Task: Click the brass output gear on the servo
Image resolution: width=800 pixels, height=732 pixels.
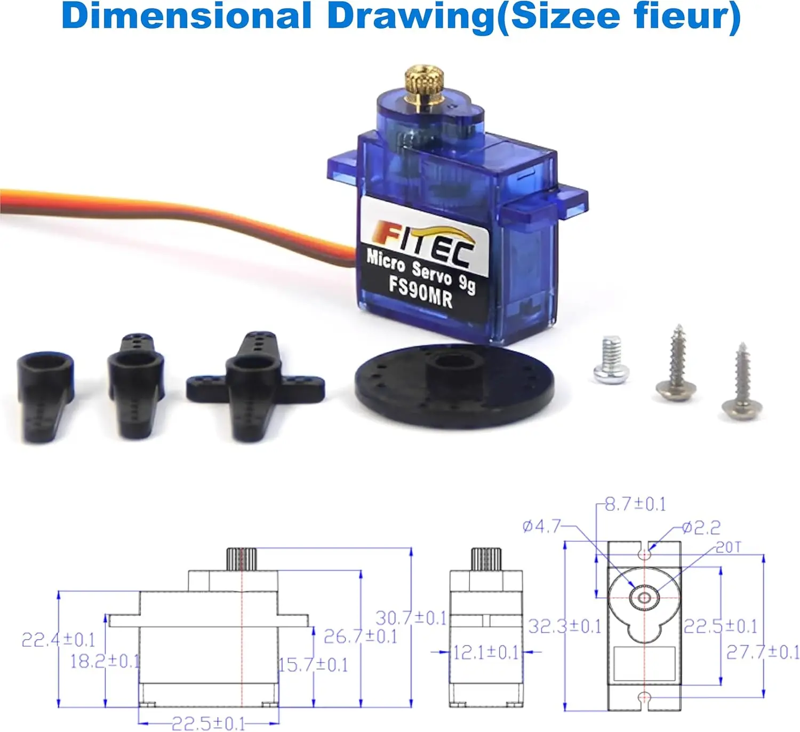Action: [425, 85]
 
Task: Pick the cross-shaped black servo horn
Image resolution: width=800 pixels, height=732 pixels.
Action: [255, 385]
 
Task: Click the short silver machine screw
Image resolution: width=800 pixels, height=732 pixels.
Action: [611, 359]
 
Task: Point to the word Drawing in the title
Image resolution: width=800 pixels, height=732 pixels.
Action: [411, 17]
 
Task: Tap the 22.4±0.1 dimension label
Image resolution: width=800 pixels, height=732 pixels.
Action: [58, 640]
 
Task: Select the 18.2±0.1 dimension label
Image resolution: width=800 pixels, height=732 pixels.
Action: [105, 662]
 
